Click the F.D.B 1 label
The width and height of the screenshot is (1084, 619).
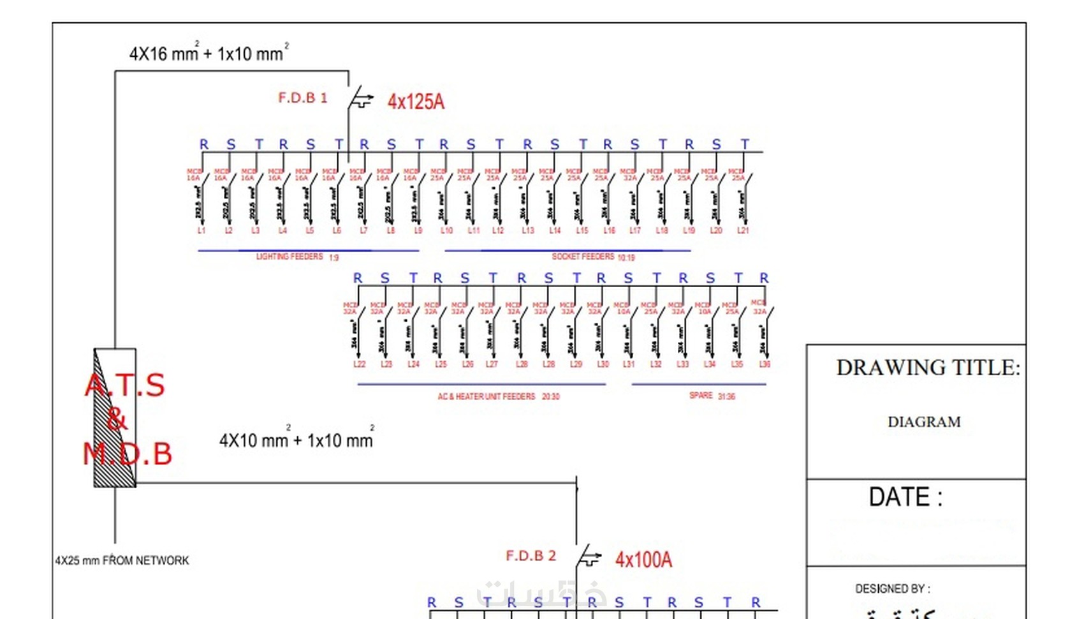tap(302, 98)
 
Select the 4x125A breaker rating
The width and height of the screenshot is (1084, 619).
tap(416, 101)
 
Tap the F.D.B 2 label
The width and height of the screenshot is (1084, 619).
tap(531, 556)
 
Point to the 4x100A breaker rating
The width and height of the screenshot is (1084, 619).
tap(643, 560)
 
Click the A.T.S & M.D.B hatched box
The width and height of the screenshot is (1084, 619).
tap(115, 418)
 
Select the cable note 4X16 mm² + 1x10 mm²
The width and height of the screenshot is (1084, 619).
tap(209, 53)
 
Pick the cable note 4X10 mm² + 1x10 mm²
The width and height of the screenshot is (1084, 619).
tap(297, 440)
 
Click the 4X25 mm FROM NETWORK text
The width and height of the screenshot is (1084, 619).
tap(122, 560)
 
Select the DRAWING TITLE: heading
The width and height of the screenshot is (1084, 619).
tap(928, 368)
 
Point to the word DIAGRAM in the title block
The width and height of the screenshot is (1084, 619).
tap(924, 422)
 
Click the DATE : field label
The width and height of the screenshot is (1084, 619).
tap(905, 496)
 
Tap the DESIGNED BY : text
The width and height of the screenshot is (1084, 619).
tap(892, 588)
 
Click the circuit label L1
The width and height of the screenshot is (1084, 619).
tap(201, 230)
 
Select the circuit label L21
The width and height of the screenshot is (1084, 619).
tap(743, 230)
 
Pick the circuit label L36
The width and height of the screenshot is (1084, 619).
tap(765, 364)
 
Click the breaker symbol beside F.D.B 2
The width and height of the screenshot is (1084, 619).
tap(588, 557)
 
